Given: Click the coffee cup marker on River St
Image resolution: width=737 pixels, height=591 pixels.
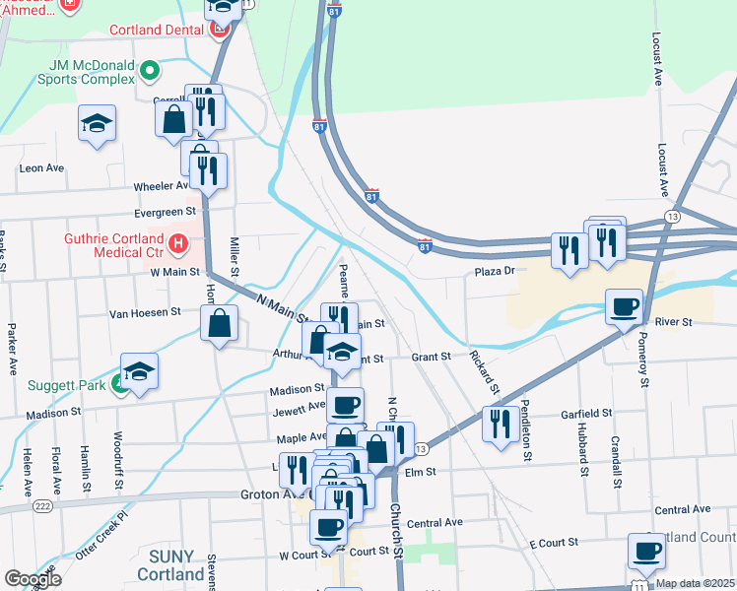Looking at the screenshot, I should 624,307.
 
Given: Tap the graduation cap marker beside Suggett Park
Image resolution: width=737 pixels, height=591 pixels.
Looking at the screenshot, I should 139,371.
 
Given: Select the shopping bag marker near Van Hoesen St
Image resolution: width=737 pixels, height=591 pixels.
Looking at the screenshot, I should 219,322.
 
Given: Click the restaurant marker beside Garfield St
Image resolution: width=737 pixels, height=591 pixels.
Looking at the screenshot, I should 501,424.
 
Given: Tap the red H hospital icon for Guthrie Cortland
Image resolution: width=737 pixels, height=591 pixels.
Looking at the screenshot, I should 177,241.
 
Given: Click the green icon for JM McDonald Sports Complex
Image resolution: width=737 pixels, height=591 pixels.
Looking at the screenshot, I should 149,70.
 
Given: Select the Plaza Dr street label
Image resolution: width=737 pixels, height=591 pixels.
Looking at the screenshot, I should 495,271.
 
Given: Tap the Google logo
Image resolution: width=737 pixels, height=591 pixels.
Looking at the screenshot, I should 33,579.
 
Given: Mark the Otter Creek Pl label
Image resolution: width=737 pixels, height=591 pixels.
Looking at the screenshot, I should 109,527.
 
